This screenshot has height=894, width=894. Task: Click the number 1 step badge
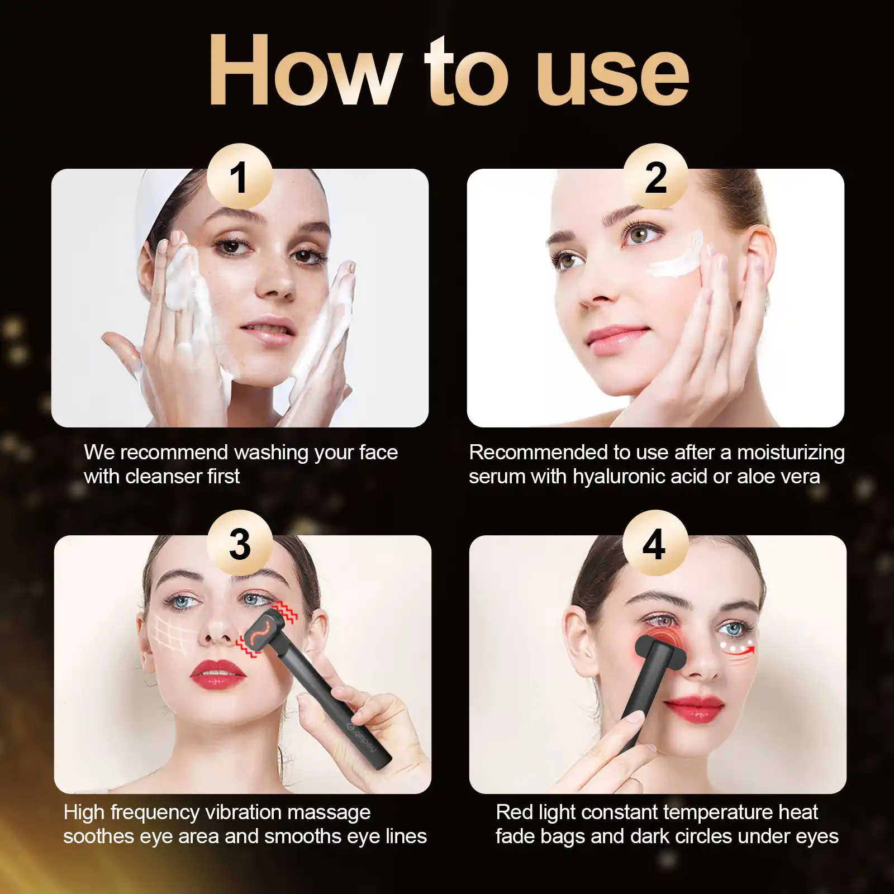coord(240,177)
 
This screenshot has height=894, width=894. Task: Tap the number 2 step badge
coord(655,177)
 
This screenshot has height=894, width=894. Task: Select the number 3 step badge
coord(240,543)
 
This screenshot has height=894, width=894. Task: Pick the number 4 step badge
coord(655,543)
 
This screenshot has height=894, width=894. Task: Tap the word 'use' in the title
coord(612,77)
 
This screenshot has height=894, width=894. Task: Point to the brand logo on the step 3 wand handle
coord(361,737)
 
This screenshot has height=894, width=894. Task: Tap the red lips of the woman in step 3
coord(218,674)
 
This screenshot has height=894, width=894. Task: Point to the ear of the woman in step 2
coord(759,263)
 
